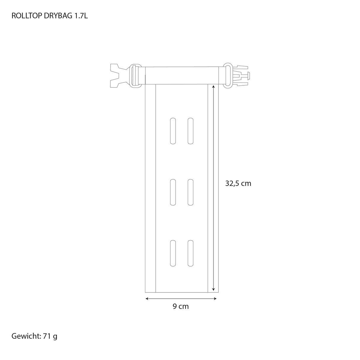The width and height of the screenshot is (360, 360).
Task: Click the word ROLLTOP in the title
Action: tap(27, 16)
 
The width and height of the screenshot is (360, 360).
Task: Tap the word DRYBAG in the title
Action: tap(58, 16)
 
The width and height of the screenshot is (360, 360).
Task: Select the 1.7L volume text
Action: tap(81, 16)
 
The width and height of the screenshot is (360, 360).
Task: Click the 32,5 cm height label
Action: tap(238, 184)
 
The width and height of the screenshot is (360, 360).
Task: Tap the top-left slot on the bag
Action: tap(173, 131)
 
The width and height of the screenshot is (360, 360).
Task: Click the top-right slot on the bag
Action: tap(191, 131)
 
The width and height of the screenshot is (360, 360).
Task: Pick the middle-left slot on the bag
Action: tap(173, 192)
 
